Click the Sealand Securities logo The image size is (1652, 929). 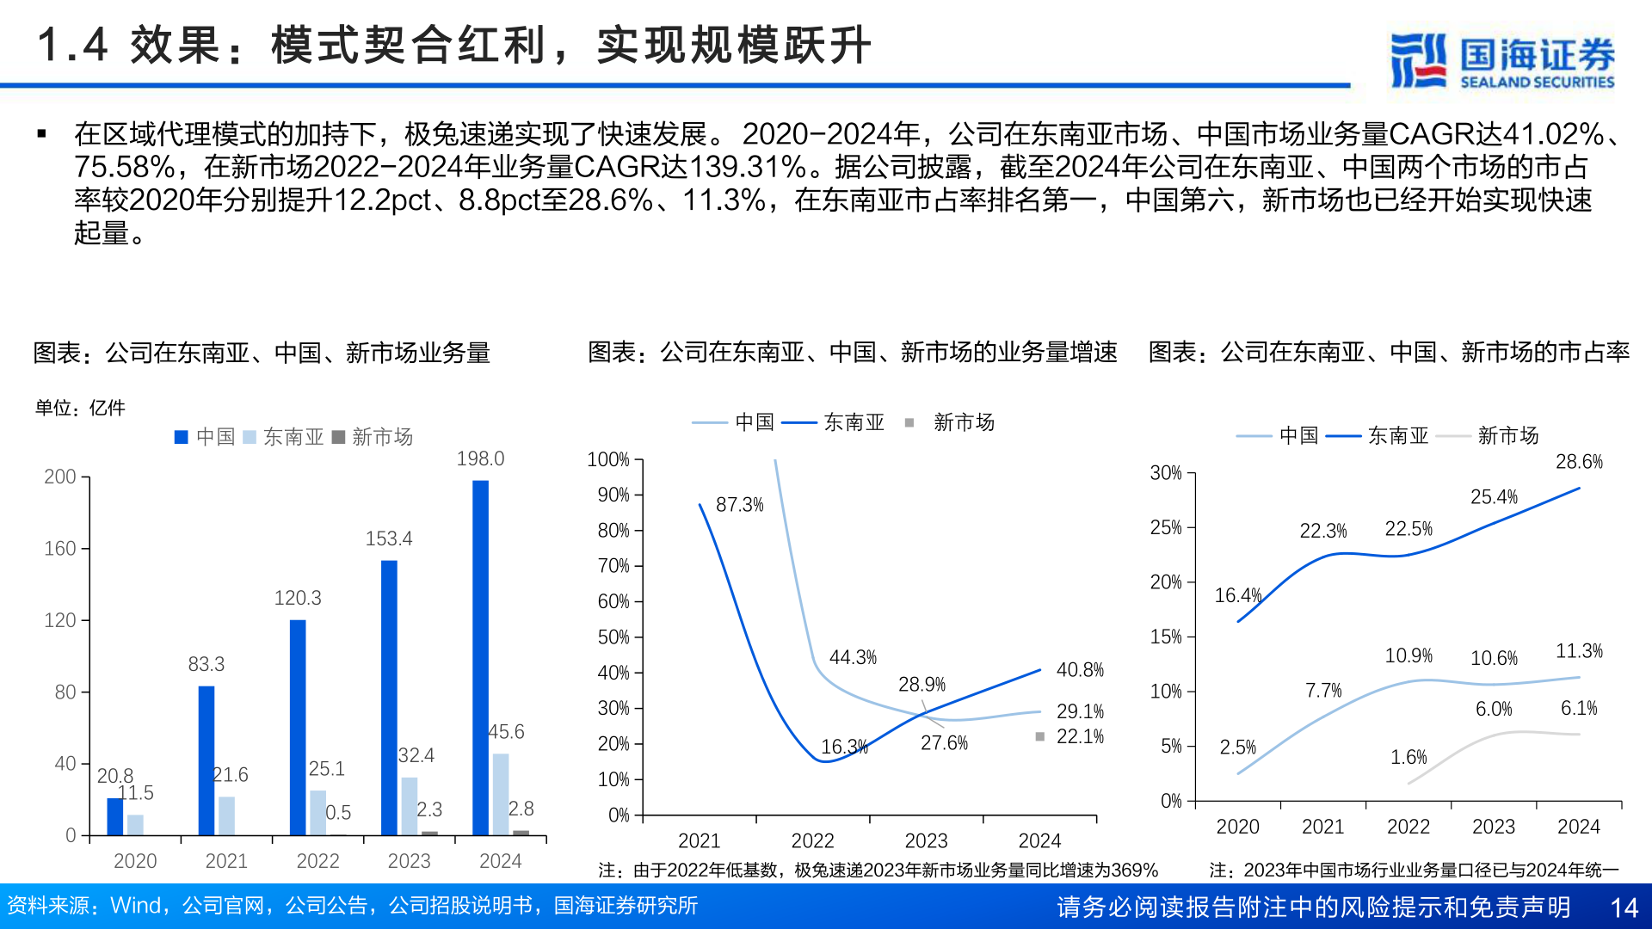tap(1502, 60)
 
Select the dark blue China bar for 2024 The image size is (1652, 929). tap(480, 658)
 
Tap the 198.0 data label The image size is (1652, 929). tap(480, 458)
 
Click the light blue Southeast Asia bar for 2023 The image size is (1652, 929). tap(410, 806)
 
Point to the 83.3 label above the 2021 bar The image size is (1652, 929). tap(206, 664)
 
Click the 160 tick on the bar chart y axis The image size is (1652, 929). tap(60, 549)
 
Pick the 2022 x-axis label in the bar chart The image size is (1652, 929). tap(317, 861)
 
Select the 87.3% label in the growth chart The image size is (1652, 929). tap(739, 505)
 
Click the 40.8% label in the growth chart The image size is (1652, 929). tap(1080, 670)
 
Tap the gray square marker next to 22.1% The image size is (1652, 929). tap(1039, 736)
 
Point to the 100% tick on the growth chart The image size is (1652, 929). tap(608, 459)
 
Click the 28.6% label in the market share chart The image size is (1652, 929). tap(1579, 462)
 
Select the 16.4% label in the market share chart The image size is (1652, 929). tap(1237, 595)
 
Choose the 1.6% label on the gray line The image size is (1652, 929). tap(1409, 757)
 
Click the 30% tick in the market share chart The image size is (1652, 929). tap(1166, 473)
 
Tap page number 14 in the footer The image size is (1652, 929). tap(1624, 907)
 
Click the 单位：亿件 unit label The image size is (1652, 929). tap(80, 408)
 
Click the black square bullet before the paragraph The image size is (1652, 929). tap(41, 134)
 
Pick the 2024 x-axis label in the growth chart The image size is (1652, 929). tap(1039, 840)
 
